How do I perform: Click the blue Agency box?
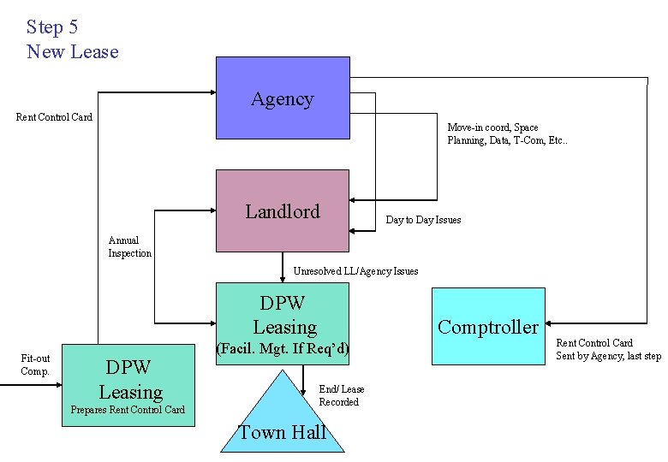coord(283,98)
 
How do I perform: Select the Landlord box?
coord(283,210)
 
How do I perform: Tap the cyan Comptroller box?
coord(488,326)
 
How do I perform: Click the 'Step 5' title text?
coord(52,27)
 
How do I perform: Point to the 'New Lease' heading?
coord(73,51)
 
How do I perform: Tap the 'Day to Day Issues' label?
coord(423,220)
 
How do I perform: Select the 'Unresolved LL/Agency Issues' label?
coord(355,271)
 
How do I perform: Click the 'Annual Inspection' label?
coord(129,247)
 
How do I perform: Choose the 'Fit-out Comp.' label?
coord(35,364)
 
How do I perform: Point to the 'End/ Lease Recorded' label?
coord(341,395)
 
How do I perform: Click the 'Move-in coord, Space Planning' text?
coord(506,133)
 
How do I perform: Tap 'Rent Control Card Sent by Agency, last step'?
coord(608,349)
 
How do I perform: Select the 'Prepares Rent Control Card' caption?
coord(128,410)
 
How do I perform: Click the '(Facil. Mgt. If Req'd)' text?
coord(282,348)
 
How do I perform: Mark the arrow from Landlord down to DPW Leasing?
coord(283,267)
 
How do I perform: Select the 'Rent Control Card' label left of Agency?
coord(55,116)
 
